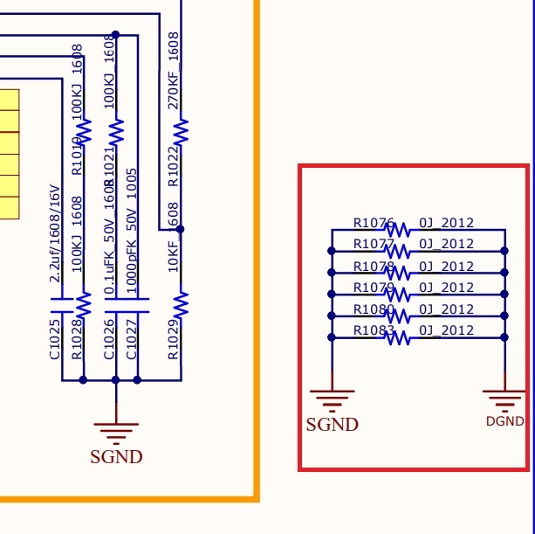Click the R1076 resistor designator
point(374,223)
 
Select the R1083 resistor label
point(374,330)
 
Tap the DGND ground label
point(504,421)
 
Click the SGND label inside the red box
point(332,425)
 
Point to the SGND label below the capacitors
point(116,456)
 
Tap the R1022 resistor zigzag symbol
point(181,133)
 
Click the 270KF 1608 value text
point(173,70)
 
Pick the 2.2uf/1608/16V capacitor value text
point(54,232)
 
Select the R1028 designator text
point(77,341)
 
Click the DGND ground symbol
point(504,401)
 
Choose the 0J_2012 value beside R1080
point(446,309)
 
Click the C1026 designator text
point(110,341)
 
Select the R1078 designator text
point(374,267)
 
